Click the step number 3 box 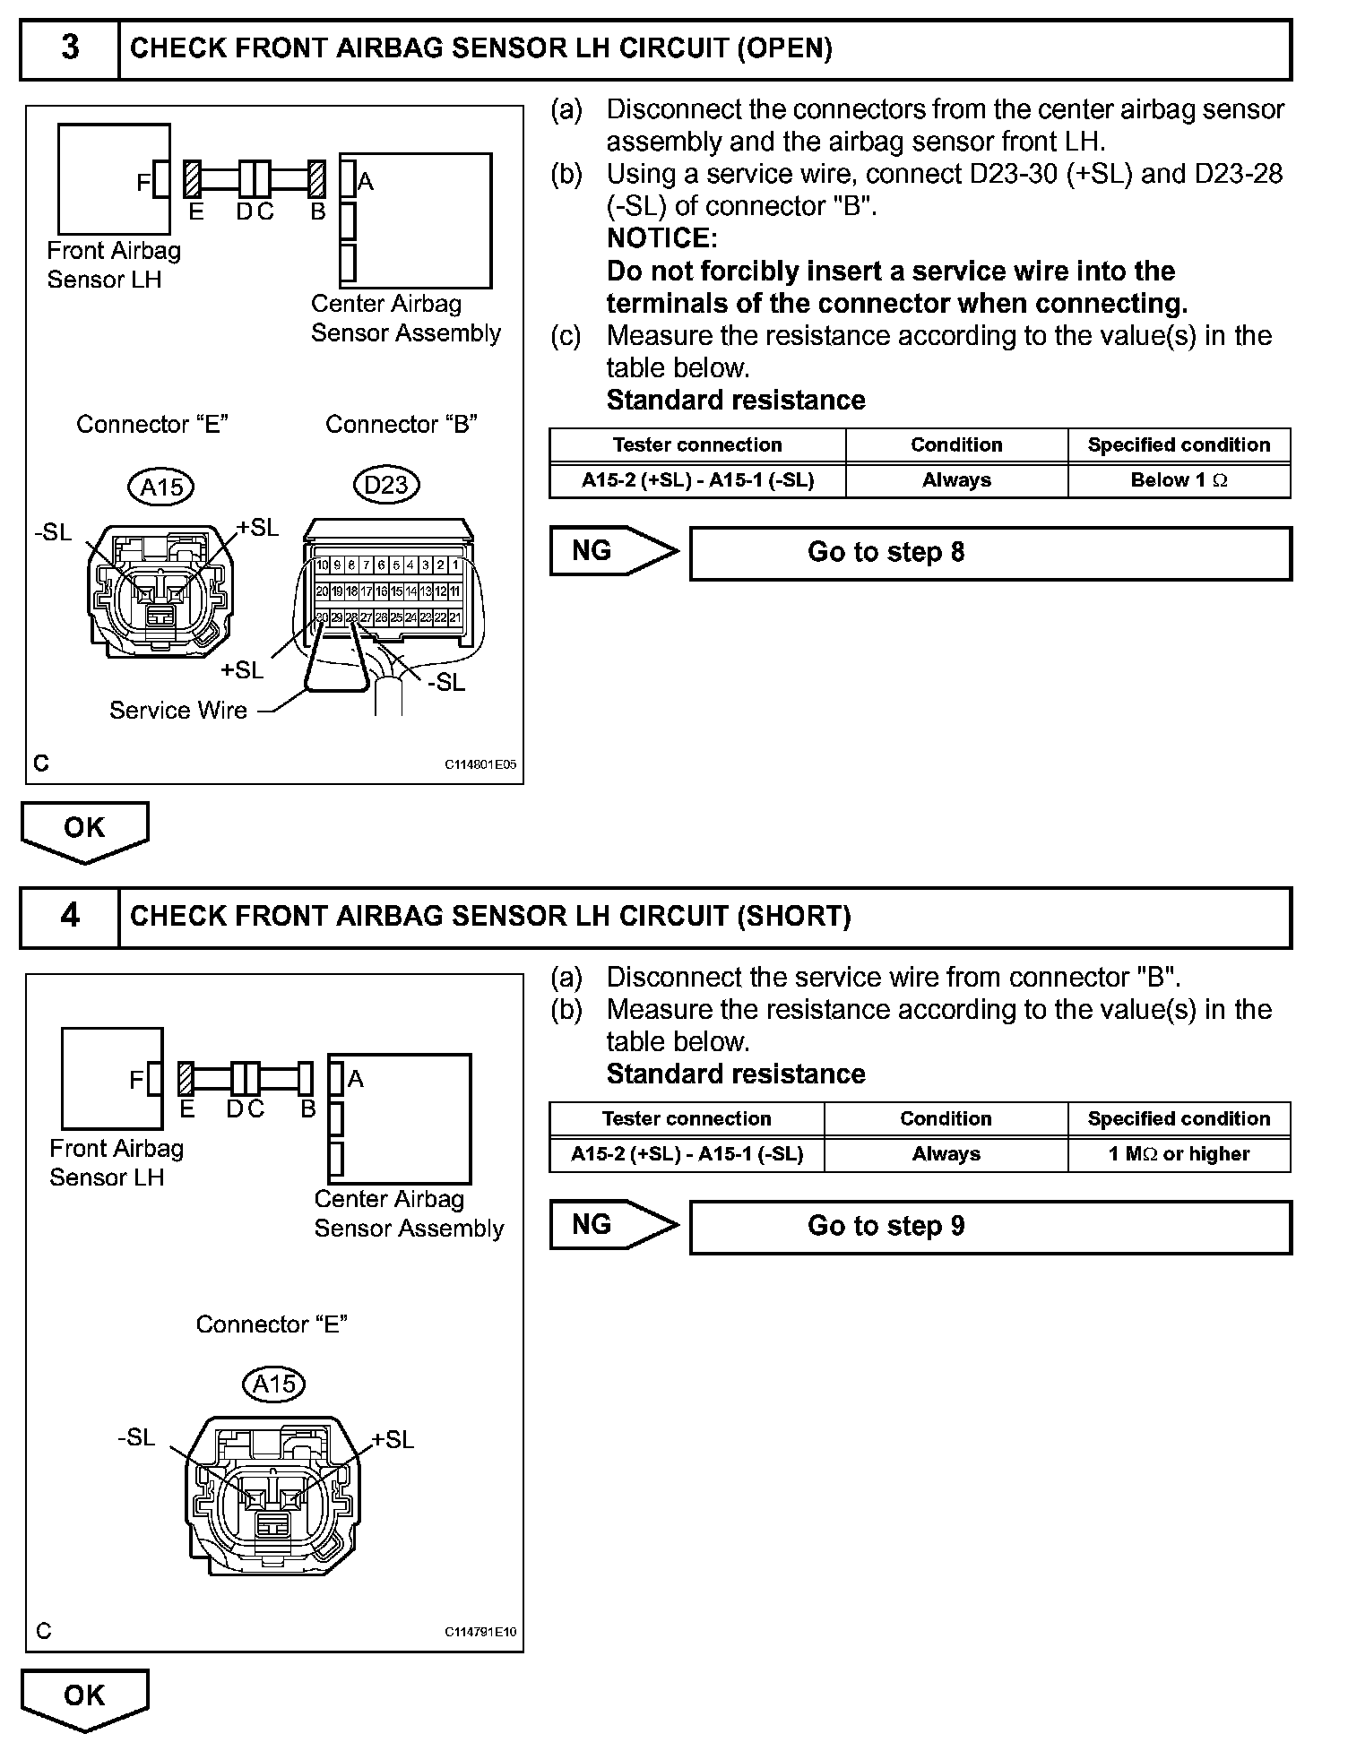pyautogui.click(x=70, y=48)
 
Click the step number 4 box pyautogui.click(x=70, y=917)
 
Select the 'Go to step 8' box pyautogui.click(x=989, y=553)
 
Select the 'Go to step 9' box pyautogui.click(x=989, y=1227)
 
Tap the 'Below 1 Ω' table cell pyautogui.click(x=1179, y=480)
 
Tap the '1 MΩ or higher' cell pyautogui.click(x=1179, y=1154)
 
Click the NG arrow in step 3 pyautogui.click(x=613, y=551)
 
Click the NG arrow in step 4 pyautogui.click(x=613, y=1225)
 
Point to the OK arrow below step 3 pyautogui.click(x=84, y=830)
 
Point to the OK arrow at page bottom pyautogui.click(x=84, y=1698)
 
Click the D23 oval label pyautogui.click(x=386, y=486)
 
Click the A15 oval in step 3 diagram pyautogui.click(x=161, y=487)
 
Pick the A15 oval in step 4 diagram pyautogui.click(x=274, y=1384)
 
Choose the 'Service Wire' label pyautogui.click(x=177, y=711)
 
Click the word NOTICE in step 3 pyautogui.click(x=661, y=238)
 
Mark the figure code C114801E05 pyautogui.click(x=480, y=765)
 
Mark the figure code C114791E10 pyautogui.click(x=480, y=1633)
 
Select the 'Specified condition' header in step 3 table pyautogui.click(x=1179, y=445)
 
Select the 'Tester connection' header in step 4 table pyautogui.click(x=687, y=1119)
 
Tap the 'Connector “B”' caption pyautogui.click(x=401, y=424)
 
